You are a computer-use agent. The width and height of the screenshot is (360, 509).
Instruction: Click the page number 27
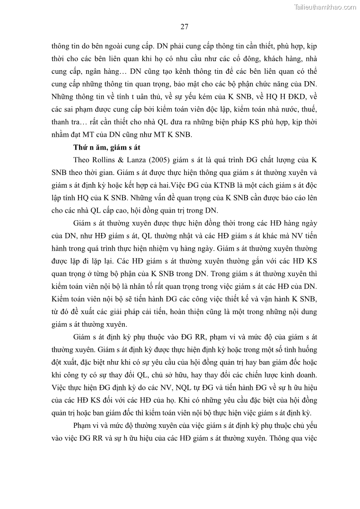(184, 26)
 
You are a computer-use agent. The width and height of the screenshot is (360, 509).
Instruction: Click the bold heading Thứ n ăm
(90, 147)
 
